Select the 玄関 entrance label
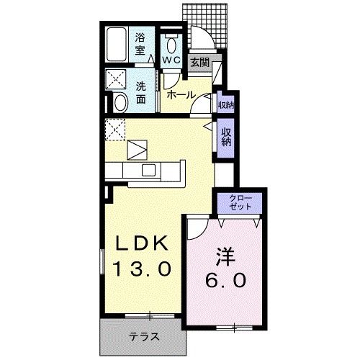199,63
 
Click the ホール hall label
180,95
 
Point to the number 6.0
225,279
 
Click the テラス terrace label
144,337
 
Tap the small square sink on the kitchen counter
148,170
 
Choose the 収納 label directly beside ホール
225,104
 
